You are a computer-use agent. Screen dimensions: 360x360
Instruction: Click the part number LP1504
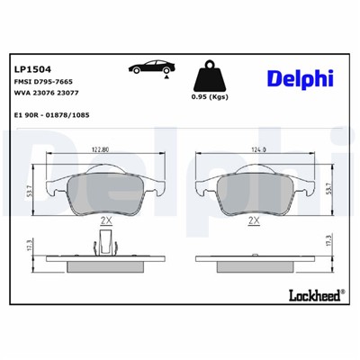coord(33,67)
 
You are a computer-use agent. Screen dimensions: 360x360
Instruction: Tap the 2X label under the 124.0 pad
coord(254,220)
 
